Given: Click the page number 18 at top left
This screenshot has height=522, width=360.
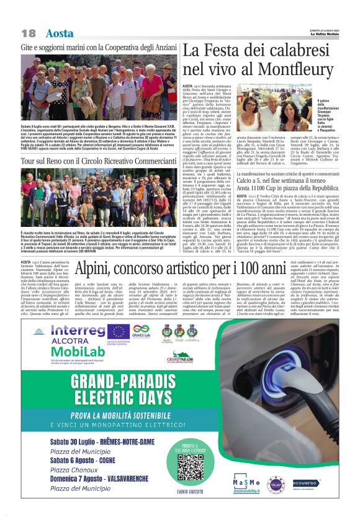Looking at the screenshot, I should coord(27,32).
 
